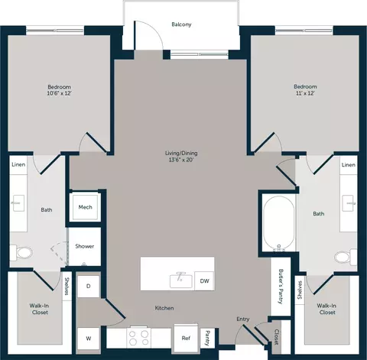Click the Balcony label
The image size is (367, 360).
181,24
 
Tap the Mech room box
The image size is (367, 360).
85,207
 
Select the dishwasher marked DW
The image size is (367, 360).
204,281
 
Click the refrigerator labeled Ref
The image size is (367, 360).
186,338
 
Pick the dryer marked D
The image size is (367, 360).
88,286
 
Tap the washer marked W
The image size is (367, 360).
88,339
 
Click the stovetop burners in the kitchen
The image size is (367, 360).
138,337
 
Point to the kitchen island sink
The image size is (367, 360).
180,280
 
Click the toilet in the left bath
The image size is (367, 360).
21,253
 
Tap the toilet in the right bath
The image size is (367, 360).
346,257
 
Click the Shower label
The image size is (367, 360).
85,246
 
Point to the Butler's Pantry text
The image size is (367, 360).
281,287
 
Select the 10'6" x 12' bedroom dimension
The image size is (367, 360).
59,93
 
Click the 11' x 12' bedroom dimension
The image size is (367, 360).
305,93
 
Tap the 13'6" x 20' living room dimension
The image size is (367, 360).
181,160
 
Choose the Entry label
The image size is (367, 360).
243,319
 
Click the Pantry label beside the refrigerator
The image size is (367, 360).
207,338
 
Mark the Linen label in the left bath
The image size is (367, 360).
18,164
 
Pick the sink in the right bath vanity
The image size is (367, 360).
349,203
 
